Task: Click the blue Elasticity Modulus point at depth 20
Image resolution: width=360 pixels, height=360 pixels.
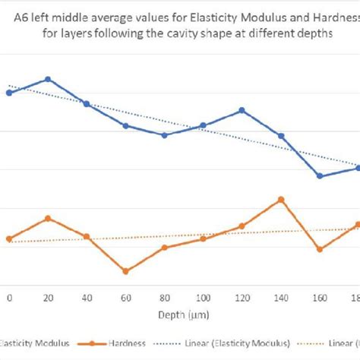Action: pos(48,79)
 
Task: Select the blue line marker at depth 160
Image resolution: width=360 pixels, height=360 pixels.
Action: pos(320,176)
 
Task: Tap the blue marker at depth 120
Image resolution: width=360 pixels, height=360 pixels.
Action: pos(242,110)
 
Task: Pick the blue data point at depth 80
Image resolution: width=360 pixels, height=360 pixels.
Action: pos(164,135)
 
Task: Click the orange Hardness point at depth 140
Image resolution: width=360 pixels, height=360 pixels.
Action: pos(281,200)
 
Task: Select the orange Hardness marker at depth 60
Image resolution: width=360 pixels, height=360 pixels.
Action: pos(125,271)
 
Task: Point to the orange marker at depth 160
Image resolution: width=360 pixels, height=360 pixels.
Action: pos(320,249)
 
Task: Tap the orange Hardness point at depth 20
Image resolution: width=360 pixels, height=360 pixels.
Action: pos(48,218)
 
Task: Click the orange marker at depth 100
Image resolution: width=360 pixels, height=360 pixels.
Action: pos(203,238)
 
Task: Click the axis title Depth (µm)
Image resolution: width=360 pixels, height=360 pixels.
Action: pos(183,314)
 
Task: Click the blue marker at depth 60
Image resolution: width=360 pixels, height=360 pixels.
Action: pos(125,125)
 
